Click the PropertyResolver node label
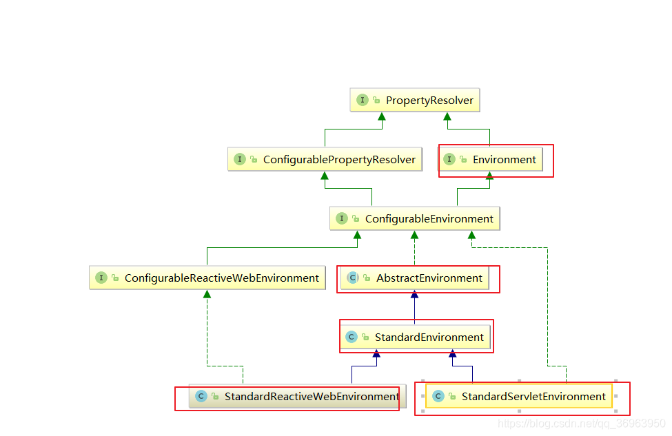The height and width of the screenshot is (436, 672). click(x=429, y=101)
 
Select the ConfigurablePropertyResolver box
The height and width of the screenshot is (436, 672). click(x=325, y=160)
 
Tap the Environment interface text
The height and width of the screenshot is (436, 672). click(x=504, y=160)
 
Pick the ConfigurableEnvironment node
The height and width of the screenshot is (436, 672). click(x=415, y=219)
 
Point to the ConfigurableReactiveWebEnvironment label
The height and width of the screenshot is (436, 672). click(x=221, y=278)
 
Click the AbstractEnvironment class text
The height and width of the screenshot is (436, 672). click(x=429, y=278)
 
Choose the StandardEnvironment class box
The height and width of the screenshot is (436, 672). click(x=416, y=338)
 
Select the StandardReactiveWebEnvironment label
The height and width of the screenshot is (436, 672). click(x=312, y=397)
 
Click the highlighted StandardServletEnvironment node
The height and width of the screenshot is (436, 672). click(x=519, y=397)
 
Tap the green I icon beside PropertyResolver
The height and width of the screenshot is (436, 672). click(x=362, y=101)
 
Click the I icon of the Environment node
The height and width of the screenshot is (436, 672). click(x=449, y=160)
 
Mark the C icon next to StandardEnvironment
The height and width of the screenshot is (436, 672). click(x=351, y=338)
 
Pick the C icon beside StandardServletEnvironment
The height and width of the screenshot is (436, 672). click(x=438, y=397)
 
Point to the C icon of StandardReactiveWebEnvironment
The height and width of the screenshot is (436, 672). click(x=201, y=397)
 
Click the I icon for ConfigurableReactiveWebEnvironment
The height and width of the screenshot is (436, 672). click(x=101, y=278)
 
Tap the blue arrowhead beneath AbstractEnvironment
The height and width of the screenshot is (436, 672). click(x=414, y=295)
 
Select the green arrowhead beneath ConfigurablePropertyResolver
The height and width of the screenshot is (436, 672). click(x=323, y=176)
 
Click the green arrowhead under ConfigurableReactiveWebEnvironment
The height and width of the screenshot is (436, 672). click(x=207, y=294)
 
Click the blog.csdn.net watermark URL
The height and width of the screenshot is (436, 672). click(x=581, y=424)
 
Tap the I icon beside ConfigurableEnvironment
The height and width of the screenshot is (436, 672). click(x=342, y=219)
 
